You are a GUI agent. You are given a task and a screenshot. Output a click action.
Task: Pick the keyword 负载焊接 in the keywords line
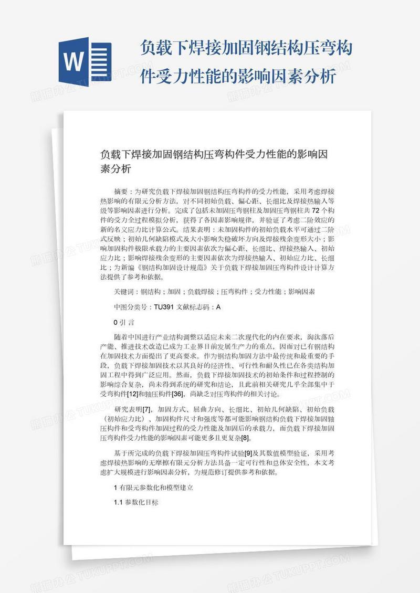click(x=201, y=291)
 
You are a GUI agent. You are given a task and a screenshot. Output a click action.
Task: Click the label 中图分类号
click(x=131, y=307)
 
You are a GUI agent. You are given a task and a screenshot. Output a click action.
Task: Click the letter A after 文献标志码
click(x=218, y=307)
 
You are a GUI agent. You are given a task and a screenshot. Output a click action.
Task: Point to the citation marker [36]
click(x=176, y=394)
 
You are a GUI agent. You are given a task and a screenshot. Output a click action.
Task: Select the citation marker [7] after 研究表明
click(x=146, y=409)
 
